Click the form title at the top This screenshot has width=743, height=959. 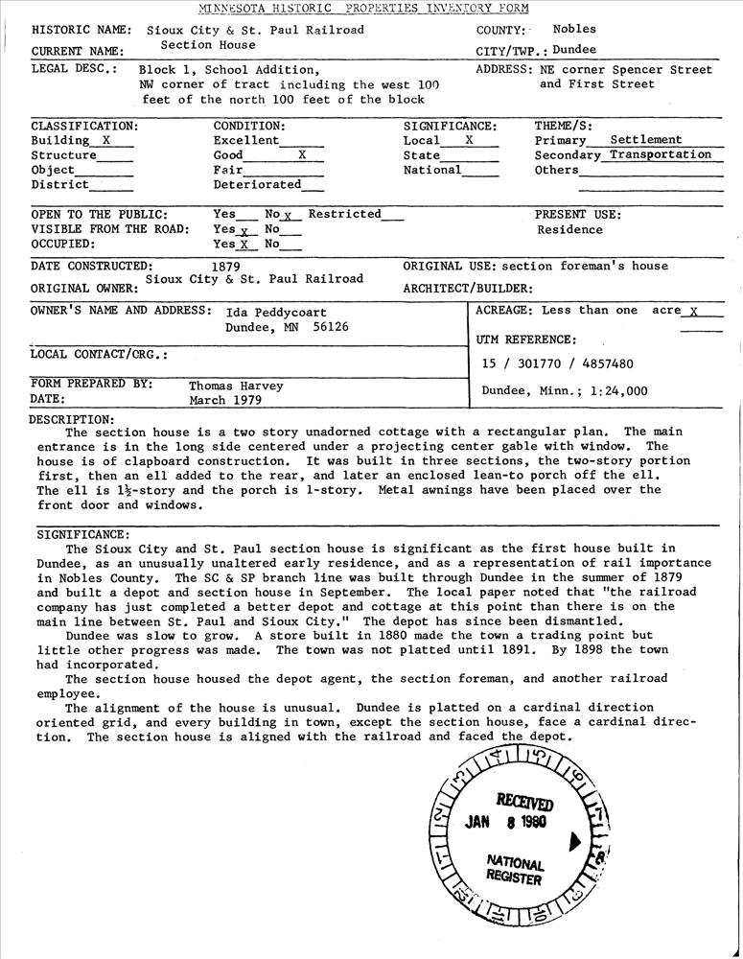click(x=370, y=8)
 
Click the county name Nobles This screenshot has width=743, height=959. click(x=574, y=30)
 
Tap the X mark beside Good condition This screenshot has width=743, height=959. click(x=302, y=154)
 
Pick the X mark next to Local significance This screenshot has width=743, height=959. click(x=469, y=140)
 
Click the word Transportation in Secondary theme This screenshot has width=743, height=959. click(x=661, y=154)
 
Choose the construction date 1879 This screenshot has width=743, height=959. click(x=224, y=267)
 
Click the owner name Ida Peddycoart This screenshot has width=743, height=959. click(x=276, y=313)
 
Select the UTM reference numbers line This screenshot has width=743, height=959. click(x=557, y=363)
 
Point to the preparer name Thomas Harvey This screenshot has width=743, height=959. click(x=236, y=386)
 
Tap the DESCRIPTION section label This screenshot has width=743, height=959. click(x=72, y=419)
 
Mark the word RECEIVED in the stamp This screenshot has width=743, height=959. click(x=524, y=802)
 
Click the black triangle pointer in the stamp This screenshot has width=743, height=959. click(x=573, y=841)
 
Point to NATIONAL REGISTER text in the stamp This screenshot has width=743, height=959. click(x=515, y=870)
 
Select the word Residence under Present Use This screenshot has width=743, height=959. click(x=569, y=230)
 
